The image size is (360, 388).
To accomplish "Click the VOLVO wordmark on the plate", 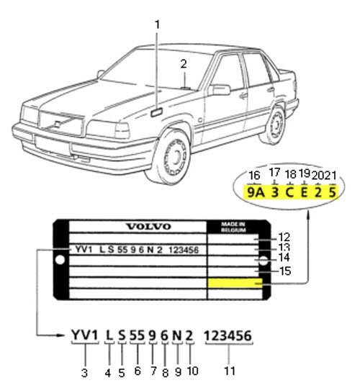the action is coord(148,227).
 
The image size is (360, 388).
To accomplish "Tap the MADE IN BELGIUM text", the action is coord(233,227).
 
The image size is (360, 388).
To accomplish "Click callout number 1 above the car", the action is coord(157,24).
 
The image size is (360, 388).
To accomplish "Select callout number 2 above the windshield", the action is coord(184,64).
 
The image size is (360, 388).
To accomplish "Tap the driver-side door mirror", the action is coord(220,89).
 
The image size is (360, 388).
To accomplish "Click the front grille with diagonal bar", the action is coord(61,123).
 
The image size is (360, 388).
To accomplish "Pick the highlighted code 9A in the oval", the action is coord(256,192).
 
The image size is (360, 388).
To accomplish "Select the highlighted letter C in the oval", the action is coord(289,192).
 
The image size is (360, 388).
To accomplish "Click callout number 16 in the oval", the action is coord(254,176).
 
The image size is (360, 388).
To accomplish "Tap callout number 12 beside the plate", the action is coord(284,238).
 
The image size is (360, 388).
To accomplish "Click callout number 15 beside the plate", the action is coord(285,271).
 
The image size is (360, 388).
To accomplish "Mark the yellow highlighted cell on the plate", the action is coord(235,283).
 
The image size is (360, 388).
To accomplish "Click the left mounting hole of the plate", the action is coord(60,260).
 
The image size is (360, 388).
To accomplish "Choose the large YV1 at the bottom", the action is coord(85,335).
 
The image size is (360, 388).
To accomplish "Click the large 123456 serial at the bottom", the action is coord(228,335).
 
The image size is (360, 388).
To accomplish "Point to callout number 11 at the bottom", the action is coord(230,371).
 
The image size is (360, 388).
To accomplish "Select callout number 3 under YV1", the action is coord(85,373).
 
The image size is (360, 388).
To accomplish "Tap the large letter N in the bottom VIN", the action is coord(176,335).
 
